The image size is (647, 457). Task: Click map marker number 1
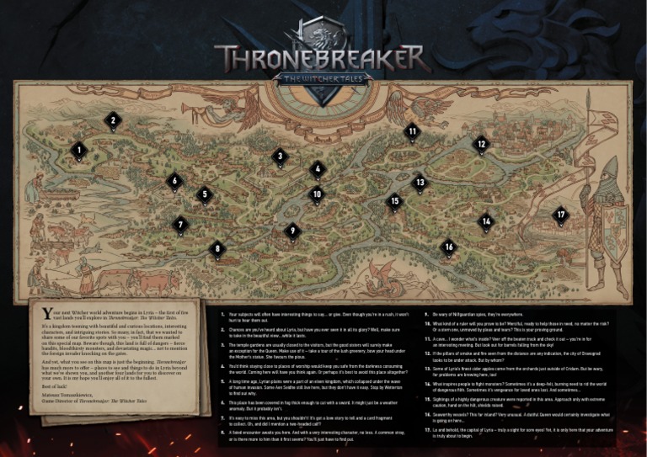pos(78,151)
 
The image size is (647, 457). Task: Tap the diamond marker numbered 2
pos(112,120)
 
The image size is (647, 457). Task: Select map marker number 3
pos(280,156)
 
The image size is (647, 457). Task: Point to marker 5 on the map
pos(204,194)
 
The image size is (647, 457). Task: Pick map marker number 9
pos(292,231)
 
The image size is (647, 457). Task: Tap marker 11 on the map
pos(412,131)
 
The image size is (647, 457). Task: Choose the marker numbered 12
pos(480,144)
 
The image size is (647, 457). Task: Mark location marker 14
pos(486,221)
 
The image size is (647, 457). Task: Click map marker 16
pos(449,247)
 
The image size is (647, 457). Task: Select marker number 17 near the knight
pos(560,215)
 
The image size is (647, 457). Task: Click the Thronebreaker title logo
pos(323,57)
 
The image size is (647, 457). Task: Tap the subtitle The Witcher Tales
pos(323,75)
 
